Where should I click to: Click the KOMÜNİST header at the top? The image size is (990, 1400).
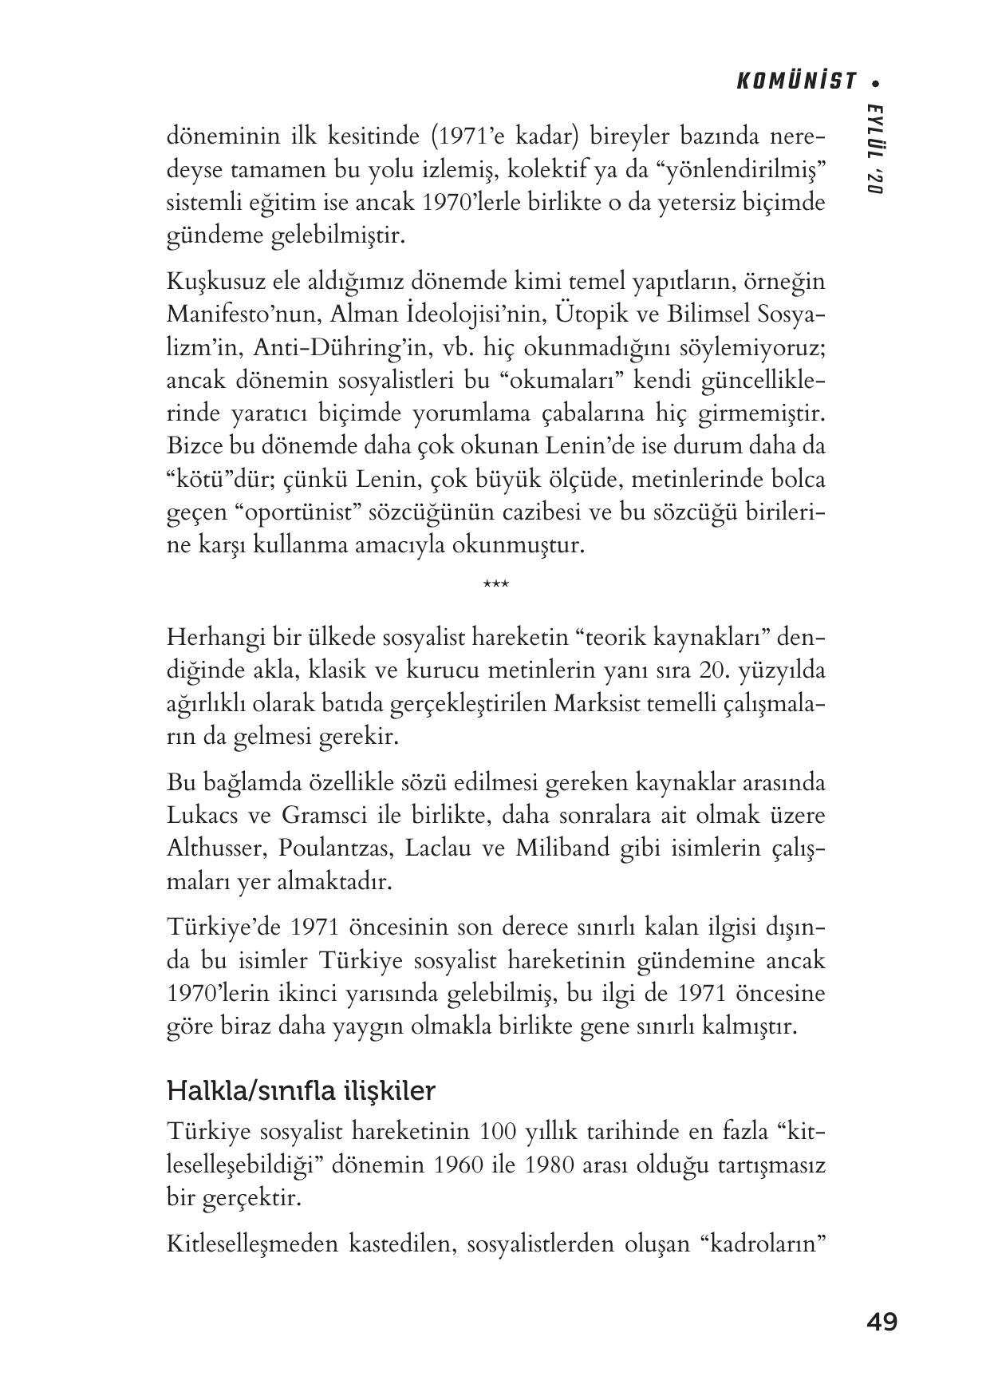pos(795,81)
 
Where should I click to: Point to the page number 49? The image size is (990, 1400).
pos(882,1322)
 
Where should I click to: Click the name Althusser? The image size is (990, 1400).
pos(214,848)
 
